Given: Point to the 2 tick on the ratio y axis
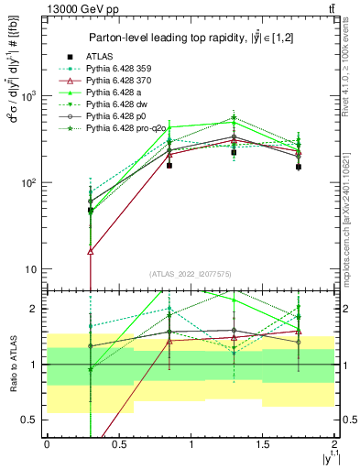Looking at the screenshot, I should point(35,309).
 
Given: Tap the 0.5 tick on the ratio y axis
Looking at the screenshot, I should point(31,420).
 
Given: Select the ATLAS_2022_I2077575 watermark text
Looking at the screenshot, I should point(191,274).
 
